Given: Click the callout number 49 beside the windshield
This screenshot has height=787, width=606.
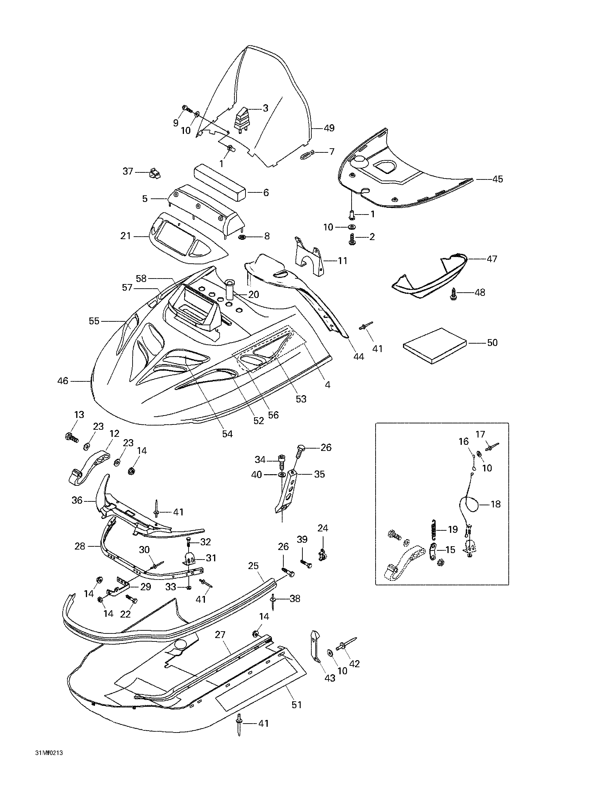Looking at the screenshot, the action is (329, 128).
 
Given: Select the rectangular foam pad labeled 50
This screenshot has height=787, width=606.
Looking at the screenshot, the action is (435, 345).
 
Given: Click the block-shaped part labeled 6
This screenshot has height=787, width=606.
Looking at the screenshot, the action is (220, 183).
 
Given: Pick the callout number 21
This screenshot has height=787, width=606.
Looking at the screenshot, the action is (125, 236).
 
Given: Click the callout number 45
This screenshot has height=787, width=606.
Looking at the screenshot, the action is (498, 179).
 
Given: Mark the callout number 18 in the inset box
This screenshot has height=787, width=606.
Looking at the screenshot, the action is (496, 504).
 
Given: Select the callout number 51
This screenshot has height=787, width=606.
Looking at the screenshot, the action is (296, 704).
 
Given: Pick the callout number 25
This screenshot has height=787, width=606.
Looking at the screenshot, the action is (253, 566).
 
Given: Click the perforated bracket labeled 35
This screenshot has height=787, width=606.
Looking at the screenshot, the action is (287, 491).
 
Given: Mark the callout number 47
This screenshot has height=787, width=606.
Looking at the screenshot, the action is (492, 259).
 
